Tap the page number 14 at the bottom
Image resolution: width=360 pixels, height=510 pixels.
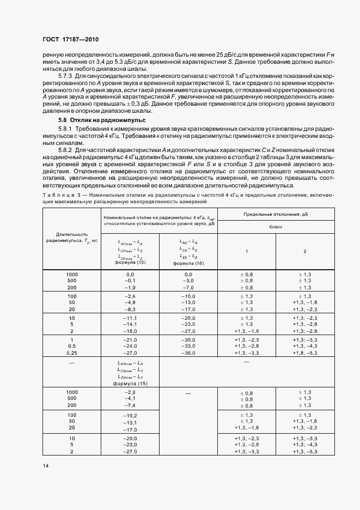[x=46, y=465]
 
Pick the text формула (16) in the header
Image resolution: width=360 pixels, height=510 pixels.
[x=188, y=263]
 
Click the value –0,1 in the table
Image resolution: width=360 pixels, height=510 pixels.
[x=130, y=281]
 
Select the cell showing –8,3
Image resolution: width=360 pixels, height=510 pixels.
[x=130, y=308]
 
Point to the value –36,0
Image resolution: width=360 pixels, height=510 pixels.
[x=188, y=353]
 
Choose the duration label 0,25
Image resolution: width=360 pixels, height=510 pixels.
[x=72, y=353]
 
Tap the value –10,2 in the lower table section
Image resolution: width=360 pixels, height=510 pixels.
[x=130, y=415]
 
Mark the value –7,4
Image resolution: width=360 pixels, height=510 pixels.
[x=130, y=405]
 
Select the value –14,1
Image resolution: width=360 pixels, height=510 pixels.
[x=130, y=324]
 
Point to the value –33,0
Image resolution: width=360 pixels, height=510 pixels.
[x=188, y=347]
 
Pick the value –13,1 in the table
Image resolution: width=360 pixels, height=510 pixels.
[x=130, y=422]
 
